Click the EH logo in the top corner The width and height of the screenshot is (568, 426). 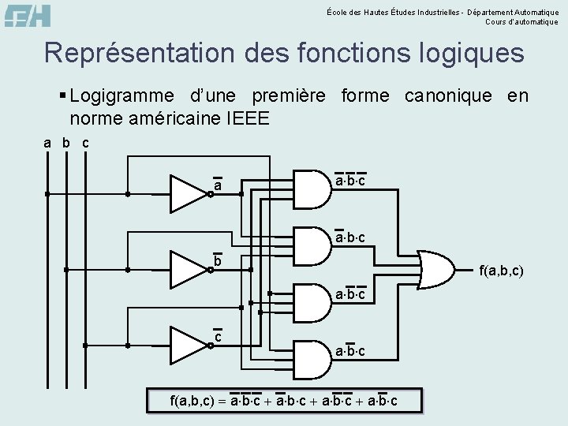28,15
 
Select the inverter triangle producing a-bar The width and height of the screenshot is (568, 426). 188,193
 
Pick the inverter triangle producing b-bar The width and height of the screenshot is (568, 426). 188,269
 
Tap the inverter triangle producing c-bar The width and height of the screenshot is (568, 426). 188,345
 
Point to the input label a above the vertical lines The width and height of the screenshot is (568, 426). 47,144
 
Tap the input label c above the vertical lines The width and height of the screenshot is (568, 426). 85,144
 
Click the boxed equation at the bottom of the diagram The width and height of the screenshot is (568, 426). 284,402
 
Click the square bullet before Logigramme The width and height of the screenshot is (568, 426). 62,96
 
